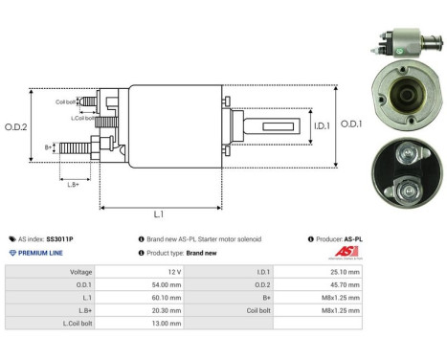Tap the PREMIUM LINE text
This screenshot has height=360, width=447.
click(43, 253)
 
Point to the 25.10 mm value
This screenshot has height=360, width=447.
click(342, 272)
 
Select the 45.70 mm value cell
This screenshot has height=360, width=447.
click(342, 284)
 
